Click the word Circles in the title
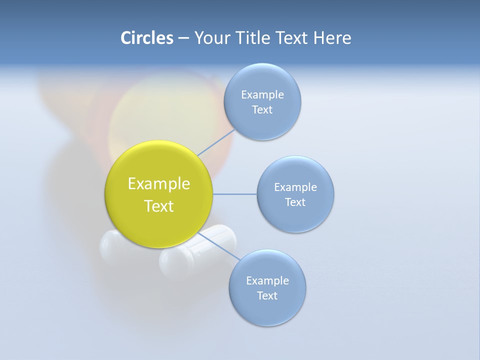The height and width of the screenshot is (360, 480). click(146, 38)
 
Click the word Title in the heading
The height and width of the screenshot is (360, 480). click(252, 38)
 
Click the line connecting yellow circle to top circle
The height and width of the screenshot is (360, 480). click(216, 143)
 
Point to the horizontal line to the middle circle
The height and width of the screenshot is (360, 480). click(234, 194)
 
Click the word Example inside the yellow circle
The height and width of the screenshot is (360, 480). click(158, 184)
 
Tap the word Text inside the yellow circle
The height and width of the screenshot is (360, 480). click(158, 206)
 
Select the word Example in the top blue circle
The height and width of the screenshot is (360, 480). click(262, 95)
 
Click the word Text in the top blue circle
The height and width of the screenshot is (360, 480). click(262, 110)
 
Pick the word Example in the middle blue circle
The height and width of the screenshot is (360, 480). click(295, 187)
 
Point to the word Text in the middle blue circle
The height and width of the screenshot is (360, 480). click(295, 202)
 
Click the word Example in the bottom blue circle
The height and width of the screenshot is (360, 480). click(267, 281)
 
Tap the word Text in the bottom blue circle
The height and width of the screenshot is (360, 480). click(267, 296)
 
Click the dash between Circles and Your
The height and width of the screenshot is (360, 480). click(183, 38)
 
